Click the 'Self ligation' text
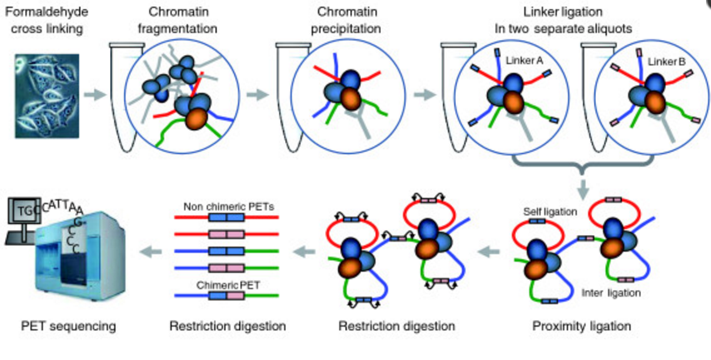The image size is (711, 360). [548, 212]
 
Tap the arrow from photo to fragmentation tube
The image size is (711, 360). [94, 92]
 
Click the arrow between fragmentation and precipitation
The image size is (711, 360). [258, 92]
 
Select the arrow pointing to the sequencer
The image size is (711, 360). [150, 247]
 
